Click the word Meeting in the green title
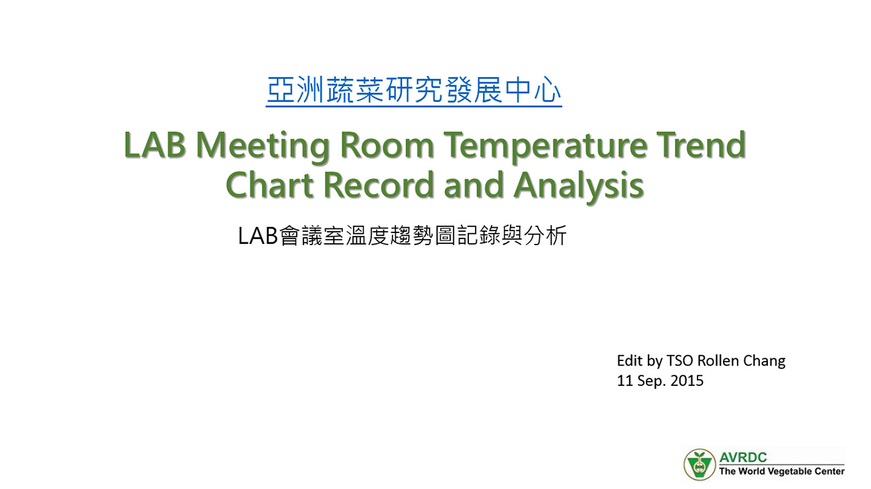click(x=263, y=147)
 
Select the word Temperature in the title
click(x=545, y=147)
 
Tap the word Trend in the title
click(x=701, y=145)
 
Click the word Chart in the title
click(x=270, y=185)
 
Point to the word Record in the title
click(x=379, y=185)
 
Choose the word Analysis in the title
click(x=579, y=188)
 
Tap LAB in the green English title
click(x=155, y=145)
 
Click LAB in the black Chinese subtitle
click(x=258, y=236)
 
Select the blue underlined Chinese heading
click(x=414, y=91)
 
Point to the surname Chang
click(x=764, y=362)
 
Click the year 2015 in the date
click(x=687, y=380)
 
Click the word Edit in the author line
click(x=630, y=361)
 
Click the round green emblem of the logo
click(x=699, y=464)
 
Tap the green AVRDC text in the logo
click(x=743, y=457)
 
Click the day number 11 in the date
click(x=625, y=380)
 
